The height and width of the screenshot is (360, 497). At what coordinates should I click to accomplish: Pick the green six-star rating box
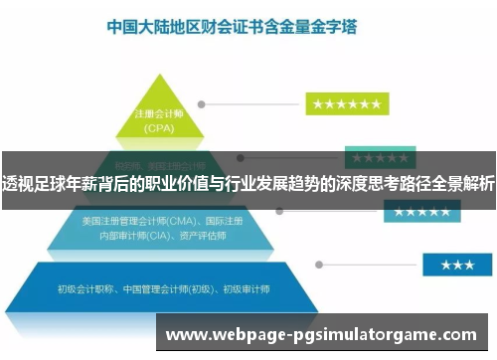(x=346, y=103)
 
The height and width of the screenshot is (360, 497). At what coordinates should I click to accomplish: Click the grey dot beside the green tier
(x=202, y=103)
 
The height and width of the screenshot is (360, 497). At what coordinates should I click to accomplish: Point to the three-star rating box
(x=456, y=265)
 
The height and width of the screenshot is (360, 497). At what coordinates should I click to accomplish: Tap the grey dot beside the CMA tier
(x=279, y=212)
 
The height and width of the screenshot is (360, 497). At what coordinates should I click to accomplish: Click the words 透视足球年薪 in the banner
(x=41, y=181)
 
